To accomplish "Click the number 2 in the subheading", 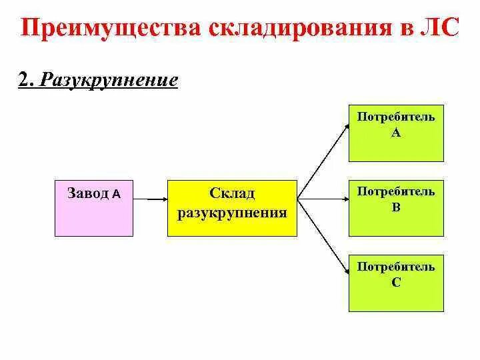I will click(24, 81).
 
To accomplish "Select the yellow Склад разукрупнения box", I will click(231, 207).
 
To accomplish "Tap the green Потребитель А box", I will click(396, 133).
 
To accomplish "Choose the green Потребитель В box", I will click(396, 207).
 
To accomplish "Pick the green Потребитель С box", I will click(396, 283).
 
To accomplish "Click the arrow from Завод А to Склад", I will click(150, 198).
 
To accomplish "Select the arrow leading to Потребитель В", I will click(323, 198).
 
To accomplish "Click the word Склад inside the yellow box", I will click(232, 193).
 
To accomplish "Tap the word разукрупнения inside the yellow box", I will click(232, 213).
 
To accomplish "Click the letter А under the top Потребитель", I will click(396, 133).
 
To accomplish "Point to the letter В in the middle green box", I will click(396, 207).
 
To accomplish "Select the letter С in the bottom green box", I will click(396, 282).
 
